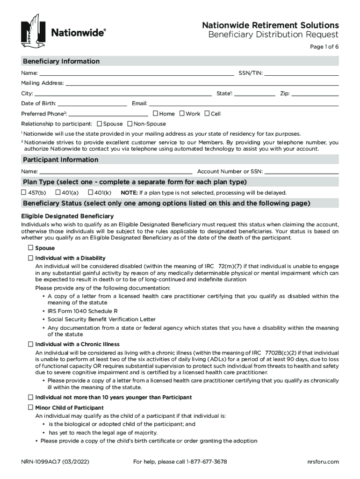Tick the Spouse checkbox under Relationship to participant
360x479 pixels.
[100, 124]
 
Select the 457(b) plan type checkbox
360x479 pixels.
[23, 192]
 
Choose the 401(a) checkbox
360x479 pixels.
[58, 192]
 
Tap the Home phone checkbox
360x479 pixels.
[155, 113]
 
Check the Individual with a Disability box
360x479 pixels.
[31, 258]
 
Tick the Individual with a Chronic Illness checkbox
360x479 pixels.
[31, 344]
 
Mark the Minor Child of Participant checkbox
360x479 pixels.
[31, 407]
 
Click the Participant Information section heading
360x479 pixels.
[61, 160]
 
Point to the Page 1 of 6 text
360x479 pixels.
[324, 47]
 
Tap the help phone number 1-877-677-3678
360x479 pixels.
[207, 462]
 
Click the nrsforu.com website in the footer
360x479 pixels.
[323, 462]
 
